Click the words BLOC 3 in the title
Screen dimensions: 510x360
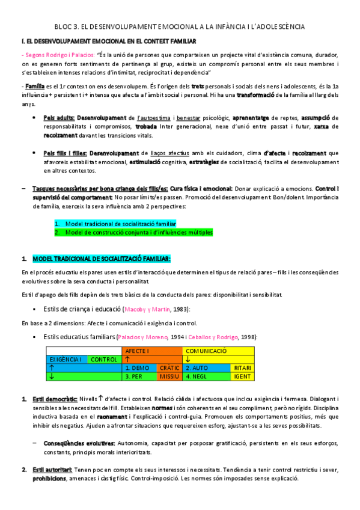click(x=67, y=27)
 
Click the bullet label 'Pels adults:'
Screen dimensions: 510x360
click(x=59, y=118)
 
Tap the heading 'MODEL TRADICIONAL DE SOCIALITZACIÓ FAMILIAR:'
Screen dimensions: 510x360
click(x=102, y=259)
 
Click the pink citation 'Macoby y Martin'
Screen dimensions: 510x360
click(x=146, y=309)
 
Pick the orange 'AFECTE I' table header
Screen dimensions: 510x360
click(x=138, y=350)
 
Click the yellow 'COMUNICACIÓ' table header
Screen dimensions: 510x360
click(x=206, y=350)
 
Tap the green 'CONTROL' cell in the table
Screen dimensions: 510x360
click(x=104, y=359)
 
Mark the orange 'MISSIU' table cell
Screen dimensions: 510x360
click(x=169, y=376)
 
